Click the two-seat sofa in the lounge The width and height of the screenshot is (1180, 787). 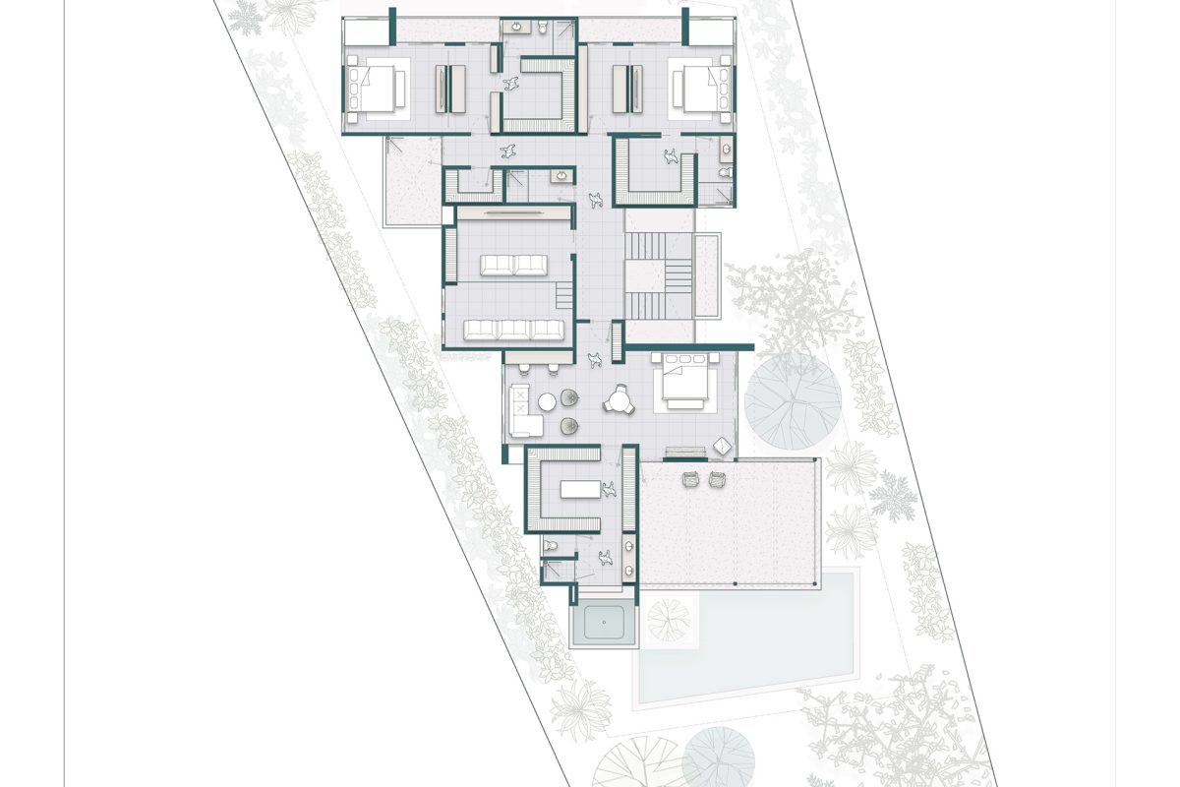pos(514,264)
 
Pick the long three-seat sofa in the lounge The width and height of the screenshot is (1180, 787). pos(514,329)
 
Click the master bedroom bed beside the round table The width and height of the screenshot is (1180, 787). pos(686,384)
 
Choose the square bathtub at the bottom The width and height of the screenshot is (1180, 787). pos(604,622)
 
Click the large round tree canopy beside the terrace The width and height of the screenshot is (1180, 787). pos(793,401)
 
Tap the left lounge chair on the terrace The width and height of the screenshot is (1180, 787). pos(690,479)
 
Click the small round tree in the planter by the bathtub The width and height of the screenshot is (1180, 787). pos(670,621)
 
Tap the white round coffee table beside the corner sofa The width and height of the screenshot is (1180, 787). pos(547,401)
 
